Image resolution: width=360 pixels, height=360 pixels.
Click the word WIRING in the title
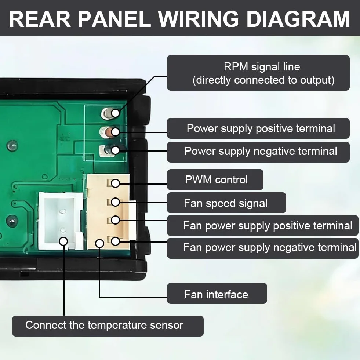(x=199, y=19)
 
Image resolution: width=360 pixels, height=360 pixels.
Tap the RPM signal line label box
(x=258, y=73)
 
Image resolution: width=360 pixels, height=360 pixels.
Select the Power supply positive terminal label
(x=258, y=128)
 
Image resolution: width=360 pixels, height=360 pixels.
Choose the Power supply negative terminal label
(x=258, y=152)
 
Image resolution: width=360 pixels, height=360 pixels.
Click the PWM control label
(x=215, y=179)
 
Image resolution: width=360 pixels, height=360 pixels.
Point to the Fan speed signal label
(x=226, y=203)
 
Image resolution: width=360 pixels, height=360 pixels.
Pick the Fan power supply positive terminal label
(x=262, y=225)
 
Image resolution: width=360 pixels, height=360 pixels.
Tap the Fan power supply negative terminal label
(x=262, y=248)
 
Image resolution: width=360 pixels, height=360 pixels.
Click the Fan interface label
(x=217, y=294)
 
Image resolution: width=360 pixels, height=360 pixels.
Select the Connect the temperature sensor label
(x=108, y=326)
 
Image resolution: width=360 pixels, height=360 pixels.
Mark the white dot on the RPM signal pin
(x=115, y=113)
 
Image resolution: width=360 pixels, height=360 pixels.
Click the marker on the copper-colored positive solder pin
(x=115, y=132)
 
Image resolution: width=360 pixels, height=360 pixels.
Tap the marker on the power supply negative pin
(x=115, y=150)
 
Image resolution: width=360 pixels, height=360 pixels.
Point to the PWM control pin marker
(x=115, y=183)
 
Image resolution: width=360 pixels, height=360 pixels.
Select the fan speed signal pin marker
(x=115, y=202)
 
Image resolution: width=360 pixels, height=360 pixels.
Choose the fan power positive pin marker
(x=115, y=220)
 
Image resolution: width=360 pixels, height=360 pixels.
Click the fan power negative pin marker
(x=115, y=241)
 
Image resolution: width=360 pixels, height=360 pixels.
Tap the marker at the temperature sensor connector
(x=63, y=241)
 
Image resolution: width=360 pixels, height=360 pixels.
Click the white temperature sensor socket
(x=61, y=221)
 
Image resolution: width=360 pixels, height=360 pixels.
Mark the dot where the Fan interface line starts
(x=99, y=243)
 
